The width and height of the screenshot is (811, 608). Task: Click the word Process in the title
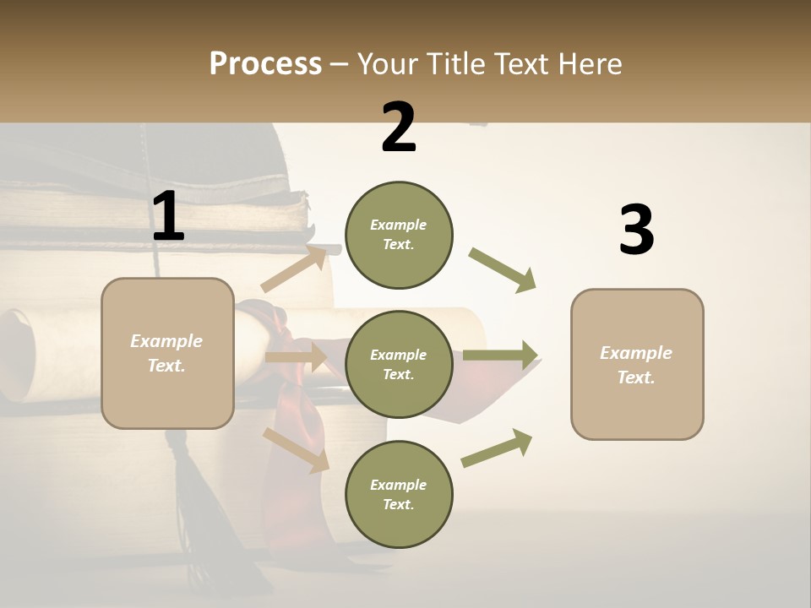click(265, 64)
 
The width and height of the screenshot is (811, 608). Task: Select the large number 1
click(168, 216)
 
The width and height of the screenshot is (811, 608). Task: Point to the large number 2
click(399, 128)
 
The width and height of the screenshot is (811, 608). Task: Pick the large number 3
click(636, 230)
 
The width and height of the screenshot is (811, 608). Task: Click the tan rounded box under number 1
click(167, 353)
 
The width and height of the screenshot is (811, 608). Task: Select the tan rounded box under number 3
click(637, 365)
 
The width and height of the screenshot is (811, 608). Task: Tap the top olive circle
click(399, 235)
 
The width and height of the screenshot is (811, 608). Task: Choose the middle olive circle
click(399, 364)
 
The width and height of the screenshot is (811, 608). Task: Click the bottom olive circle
click(399, 494)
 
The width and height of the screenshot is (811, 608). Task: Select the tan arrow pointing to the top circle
click(295, 269)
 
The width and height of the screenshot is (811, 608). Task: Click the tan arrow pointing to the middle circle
click(297, 357)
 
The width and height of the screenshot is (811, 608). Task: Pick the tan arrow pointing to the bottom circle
click(297, 449)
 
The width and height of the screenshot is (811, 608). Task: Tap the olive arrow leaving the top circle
click(503, 270)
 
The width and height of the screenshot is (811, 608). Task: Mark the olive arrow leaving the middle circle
click(500, 355)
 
